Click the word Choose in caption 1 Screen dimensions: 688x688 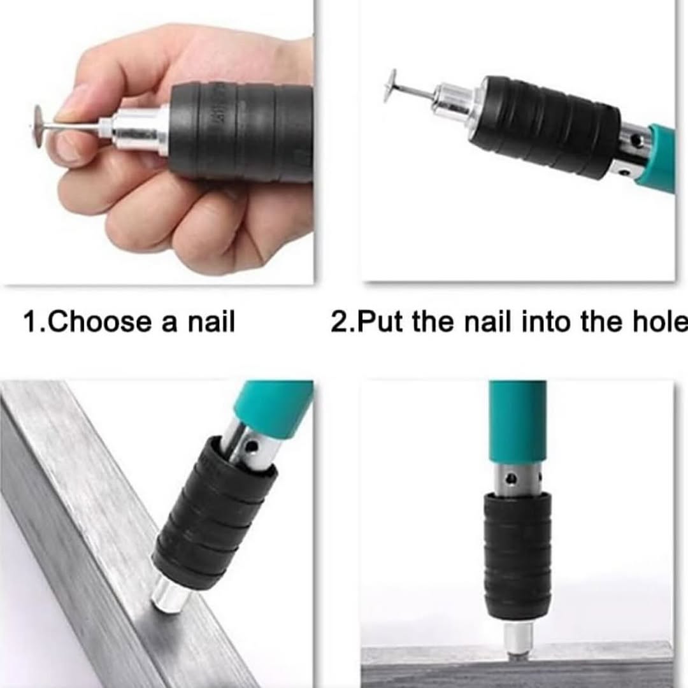pyautogui.click(x=99, y=322)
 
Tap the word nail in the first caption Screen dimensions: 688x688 pyautogui.click(x=211, y=322)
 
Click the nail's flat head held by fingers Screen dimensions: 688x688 pyautogui.click(x=39, y=126)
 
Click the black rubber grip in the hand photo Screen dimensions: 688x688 pyautogui.click(x=241, y=133)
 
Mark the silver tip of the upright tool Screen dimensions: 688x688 pyautogui.click(x=518, y=639)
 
